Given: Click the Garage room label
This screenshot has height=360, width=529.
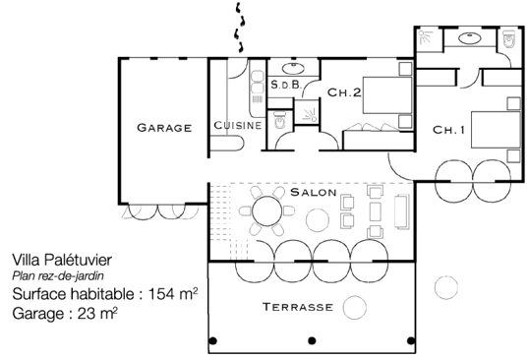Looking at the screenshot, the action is (x=164, y=128).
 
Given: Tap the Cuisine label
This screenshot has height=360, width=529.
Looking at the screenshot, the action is (x=238, y=125).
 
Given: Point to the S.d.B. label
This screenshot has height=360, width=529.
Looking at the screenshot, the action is (x=286, y=85).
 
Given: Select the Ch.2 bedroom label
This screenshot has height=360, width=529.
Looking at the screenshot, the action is (x=344, y=92).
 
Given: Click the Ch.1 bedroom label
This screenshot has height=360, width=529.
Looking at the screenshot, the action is (x=448, y=130).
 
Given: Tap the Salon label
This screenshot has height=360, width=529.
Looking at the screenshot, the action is (x=314, y=193).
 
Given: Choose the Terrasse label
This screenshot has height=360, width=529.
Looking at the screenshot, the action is (x=298, y=307).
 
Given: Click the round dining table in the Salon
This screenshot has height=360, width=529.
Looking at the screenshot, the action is (x=266, y=211).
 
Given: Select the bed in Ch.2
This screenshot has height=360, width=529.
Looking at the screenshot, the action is (x=387, y=95).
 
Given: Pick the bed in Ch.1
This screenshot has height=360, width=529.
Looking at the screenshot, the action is (x=496, y=130).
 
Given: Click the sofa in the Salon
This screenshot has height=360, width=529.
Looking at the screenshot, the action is (x=402, y=211).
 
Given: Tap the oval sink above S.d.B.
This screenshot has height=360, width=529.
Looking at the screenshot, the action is (x=293, y=69).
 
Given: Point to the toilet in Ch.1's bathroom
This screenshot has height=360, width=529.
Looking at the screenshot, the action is (x=507, y=39).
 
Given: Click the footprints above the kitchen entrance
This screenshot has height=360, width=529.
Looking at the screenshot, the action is (x=239, y=28).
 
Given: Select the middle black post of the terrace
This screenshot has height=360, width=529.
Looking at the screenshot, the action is (x=312, y=340).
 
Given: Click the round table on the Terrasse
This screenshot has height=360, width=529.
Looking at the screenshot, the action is (x=355, y=307).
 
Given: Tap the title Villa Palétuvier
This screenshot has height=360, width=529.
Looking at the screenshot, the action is (x=62, y=260).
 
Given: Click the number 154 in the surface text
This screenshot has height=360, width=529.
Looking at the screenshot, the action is (x=161, y=294).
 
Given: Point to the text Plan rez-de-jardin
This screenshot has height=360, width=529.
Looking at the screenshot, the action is (x=58, y=276).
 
